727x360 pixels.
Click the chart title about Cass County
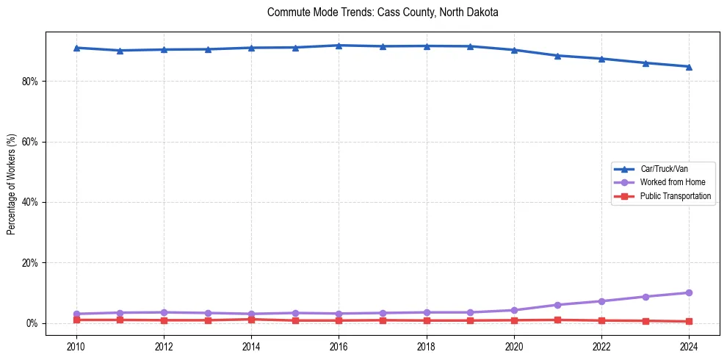[383, 12]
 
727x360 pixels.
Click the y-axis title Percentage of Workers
[12, 184]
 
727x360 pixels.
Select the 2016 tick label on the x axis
[339, 345]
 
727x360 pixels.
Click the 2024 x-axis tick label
[689, 345]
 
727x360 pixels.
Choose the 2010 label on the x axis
[76, 345]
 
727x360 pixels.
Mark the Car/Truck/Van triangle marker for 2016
[339, 46]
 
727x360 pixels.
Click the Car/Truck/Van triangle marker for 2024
[689, 67]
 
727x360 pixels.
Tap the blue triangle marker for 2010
[76, 48]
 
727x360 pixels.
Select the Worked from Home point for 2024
[689, 292]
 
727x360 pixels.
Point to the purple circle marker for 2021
[557, 305]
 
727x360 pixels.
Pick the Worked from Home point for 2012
[164, 312]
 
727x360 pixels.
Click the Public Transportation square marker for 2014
[251, 319]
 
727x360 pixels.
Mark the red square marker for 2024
[689, 321]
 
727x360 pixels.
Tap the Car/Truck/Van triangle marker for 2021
[557, 56]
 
